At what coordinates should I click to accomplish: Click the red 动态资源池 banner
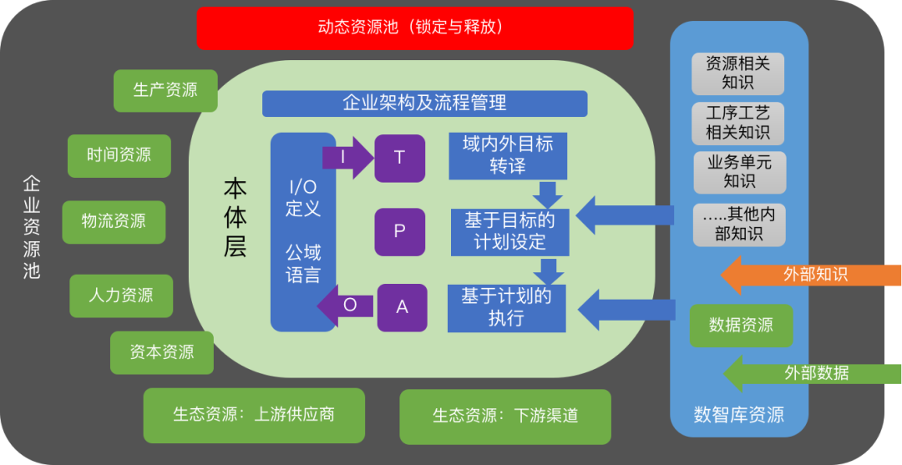[x=415, y=28]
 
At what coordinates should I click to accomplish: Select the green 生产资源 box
[x=165, y=90]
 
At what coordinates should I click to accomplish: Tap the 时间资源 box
[x=119, y=155]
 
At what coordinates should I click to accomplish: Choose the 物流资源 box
[x=114, y=221]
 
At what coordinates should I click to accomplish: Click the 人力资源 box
[x=121, y=296]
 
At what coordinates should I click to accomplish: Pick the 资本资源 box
[x=162, y=352]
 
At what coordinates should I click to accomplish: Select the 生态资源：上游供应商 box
[x=254, y=415]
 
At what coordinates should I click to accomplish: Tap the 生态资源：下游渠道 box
[x=504, y=416]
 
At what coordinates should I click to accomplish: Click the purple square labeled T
[x=399, y=158]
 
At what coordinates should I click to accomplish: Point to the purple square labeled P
[x=399, y=231]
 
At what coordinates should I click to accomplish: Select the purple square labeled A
[x=402, y=307]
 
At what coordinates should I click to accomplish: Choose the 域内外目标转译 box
[x=507, y=154]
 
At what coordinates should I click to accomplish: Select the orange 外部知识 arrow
[x=810, y=274]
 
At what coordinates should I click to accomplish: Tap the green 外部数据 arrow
[x=810, y=373]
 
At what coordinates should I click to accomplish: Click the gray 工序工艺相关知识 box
[x=737, y=123]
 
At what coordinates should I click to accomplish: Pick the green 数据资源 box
[x=740, y=326]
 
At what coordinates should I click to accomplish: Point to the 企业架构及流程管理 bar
[x=424, y=104]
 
